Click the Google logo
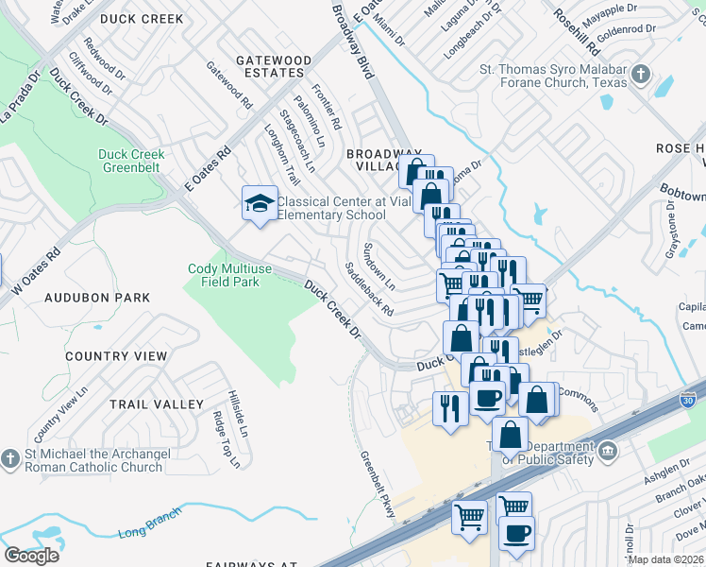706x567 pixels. [x=31, y=555]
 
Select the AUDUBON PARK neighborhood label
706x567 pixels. [x=96, y=298]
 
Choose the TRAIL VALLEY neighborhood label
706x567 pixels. [x=156, y=404]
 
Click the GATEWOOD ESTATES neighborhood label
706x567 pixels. [x=273, y=66]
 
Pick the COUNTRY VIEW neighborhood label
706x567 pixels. [x=116, y=357]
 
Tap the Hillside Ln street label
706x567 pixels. [x=237, y=414]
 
